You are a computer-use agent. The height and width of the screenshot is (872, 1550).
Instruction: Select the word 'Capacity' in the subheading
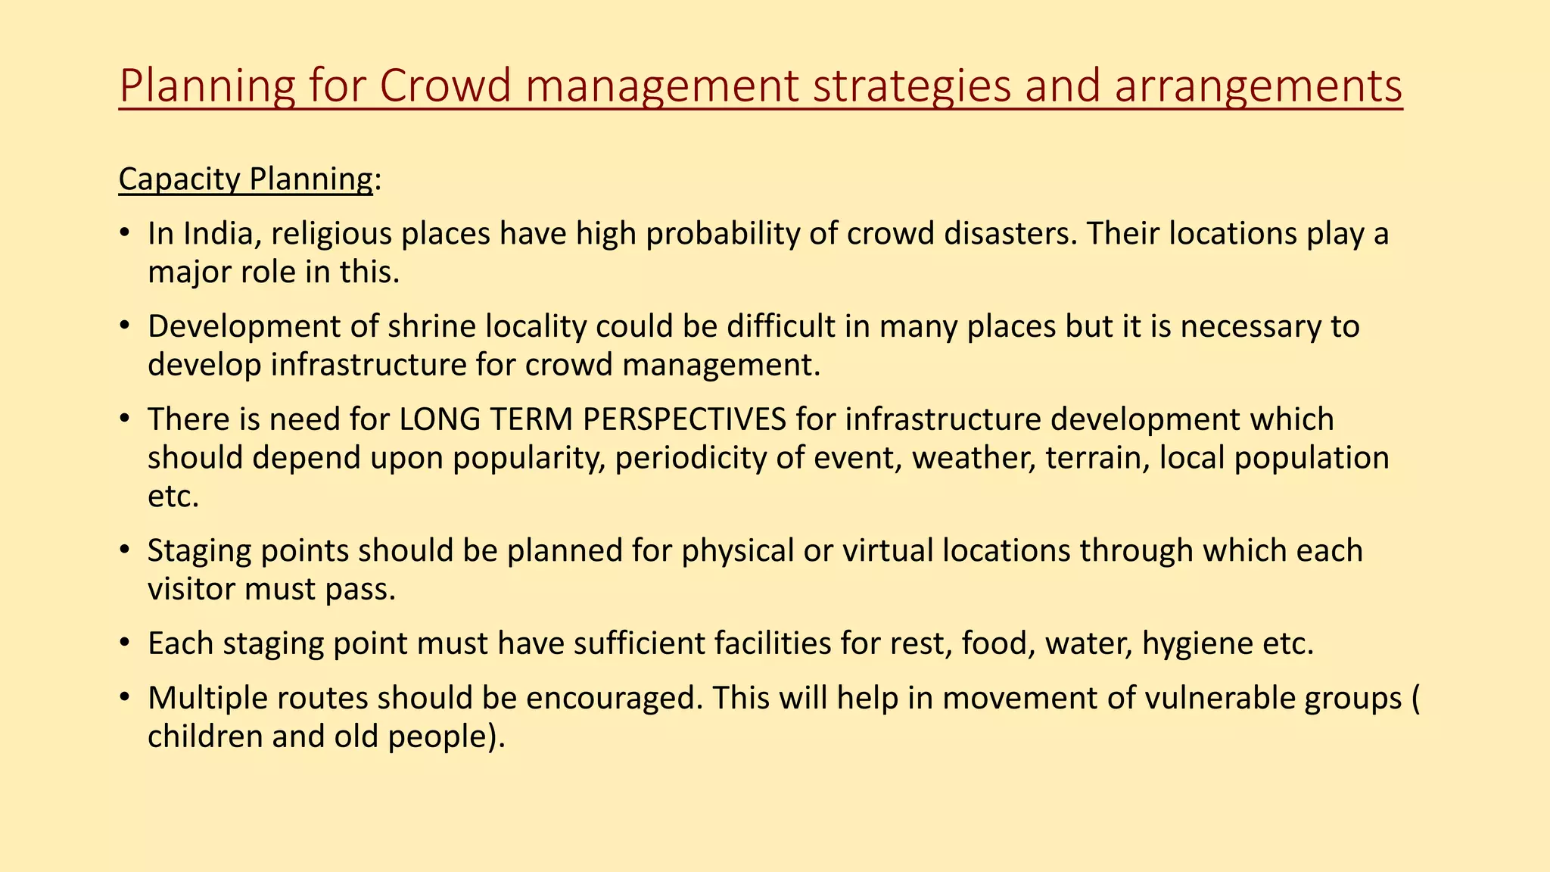[x=179, y=179]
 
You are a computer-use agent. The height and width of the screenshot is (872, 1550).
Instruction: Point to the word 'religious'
[x=330, y=234]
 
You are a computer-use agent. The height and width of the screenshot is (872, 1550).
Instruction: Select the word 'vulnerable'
[x=1220, y=698]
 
